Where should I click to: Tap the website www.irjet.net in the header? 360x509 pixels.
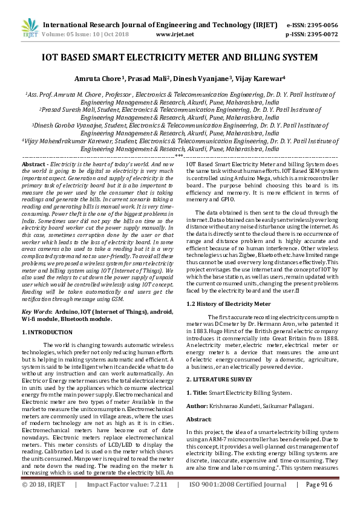[x=175, y=34]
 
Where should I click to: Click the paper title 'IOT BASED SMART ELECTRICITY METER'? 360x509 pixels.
[x=179, y=58]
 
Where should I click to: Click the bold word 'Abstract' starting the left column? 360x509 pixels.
[x=34, y=164]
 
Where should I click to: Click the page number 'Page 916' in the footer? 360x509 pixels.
[x=319, y=501]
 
